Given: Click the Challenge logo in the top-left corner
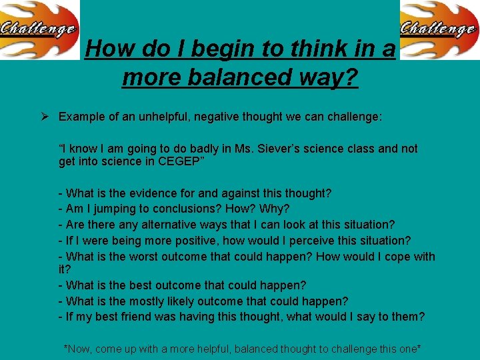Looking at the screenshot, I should [x=39, y=29].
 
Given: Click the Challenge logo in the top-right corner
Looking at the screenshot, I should [x=439, y=29].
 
